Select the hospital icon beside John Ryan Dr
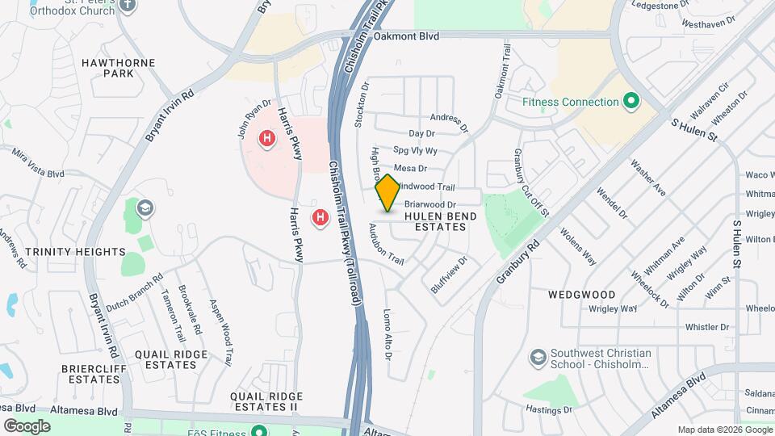[266, 139]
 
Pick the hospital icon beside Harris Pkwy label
[320, 218]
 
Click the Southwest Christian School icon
[537, 356]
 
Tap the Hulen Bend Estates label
[435, 221]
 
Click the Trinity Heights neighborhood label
[75, 252]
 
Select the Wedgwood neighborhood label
[581, 295]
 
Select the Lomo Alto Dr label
[387, 334]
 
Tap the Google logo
[27, 426]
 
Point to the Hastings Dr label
[546, 410]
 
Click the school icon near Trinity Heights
[145, 209]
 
